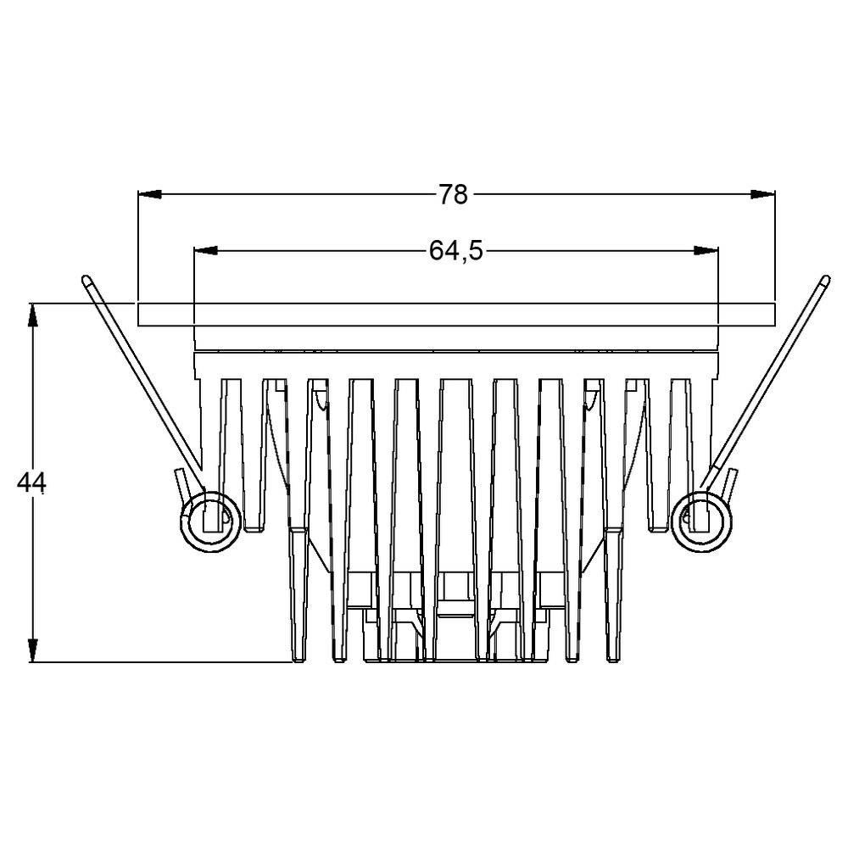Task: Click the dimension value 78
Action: coord(453,195)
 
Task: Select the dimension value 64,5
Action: coord(455,251)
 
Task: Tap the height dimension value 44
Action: coord(32,483)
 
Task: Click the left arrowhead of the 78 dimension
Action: coord(149,195)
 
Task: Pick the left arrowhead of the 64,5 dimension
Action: coord(206,251)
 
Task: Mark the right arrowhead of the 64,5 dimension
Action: coord(706,251)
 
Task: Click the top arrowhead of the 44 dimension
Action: coord(32,314)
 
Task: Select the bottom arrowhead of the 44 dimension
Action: coord(32,650)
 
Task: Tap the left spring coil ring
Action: coord(207,519)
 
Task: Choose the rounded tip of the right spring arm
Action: coord(823,279)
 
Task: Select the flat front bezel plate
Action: coord(456,315)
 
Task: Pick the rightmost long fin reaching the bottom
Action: coord(614,594)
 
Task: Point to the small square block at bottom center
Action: coord(455,585)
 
